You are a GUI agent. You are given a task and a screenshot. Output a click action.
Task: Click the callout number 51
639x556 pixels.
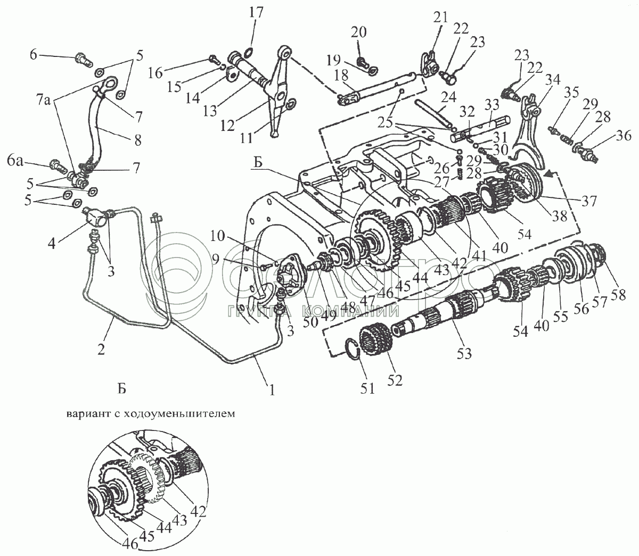367,389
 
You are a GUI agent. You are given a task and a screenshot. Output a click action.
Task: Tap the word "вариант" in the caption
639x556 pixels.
88,413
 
